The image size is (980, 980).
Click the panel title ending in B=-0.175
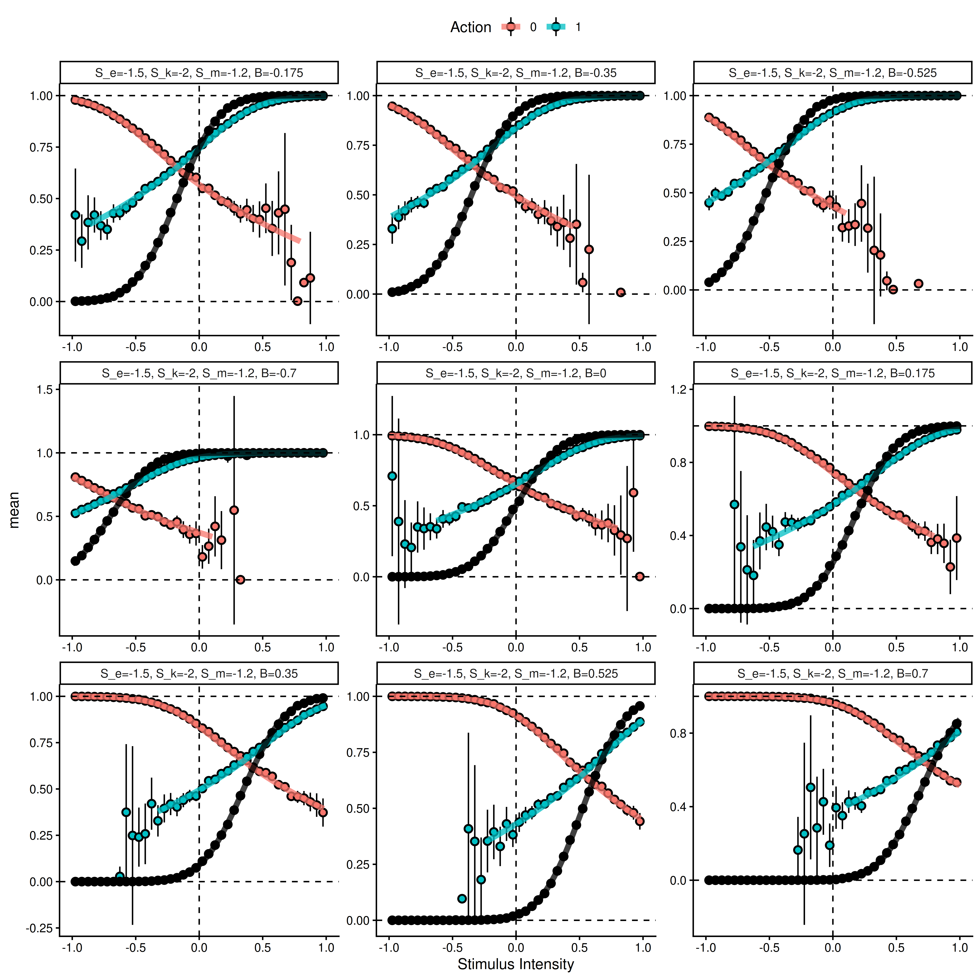pyautogui.click(x=199, y=73)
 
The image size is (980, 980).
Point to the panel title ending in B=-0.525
pyautogui.click(x=832, y=73)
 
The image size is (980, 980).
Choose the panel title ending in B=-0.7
pyautogui.click(x=199, y=373)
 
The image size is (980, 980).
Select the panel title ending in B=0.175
pyautogui.click(x=832, y=373)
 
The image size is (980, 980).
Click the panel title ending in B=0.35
pyautogui.click(x=199, y=674)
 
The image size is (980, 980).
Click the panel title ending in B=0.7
pyautogui.click(x=832, y=674)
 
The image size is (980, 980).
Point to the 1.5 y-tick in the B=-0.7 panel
pyautogui.click(x=45, y=390)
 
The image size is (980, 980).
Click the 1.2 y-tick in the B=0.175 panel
pyautogui.click(x=678, y=390)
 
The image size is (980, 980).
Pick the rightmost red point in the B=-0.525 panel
pyautogui.click(x=918, y=284)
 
